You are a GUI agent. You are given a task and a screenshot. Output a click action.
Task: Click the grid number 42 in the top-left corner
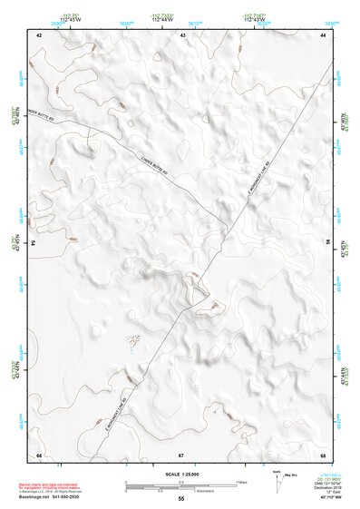coord(39,34)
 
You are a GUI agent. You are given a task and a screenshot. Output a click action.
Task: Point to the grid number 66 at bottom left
coord(39,454)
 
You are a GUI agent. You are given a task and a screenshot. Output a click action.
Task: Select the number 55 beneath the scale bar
coord(181,499)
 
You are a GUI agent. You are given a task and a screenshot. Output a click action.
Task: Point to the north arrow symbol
coord(275,479)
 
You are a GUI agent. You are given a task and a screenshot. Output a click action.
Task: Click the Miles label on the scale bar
coord(240,480)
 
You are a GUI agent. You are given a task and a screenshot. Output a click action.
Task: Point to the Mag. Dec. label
coord(290,474)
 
